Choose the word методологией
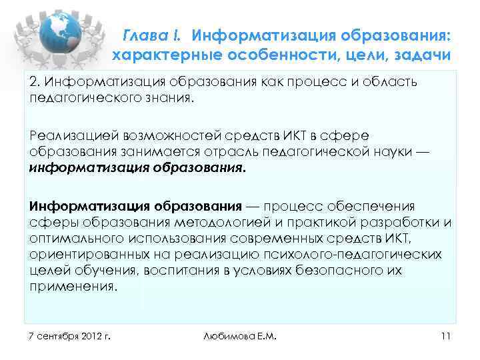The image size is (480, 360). point(202,222)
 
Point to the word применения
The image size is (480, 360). point(73,288)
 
